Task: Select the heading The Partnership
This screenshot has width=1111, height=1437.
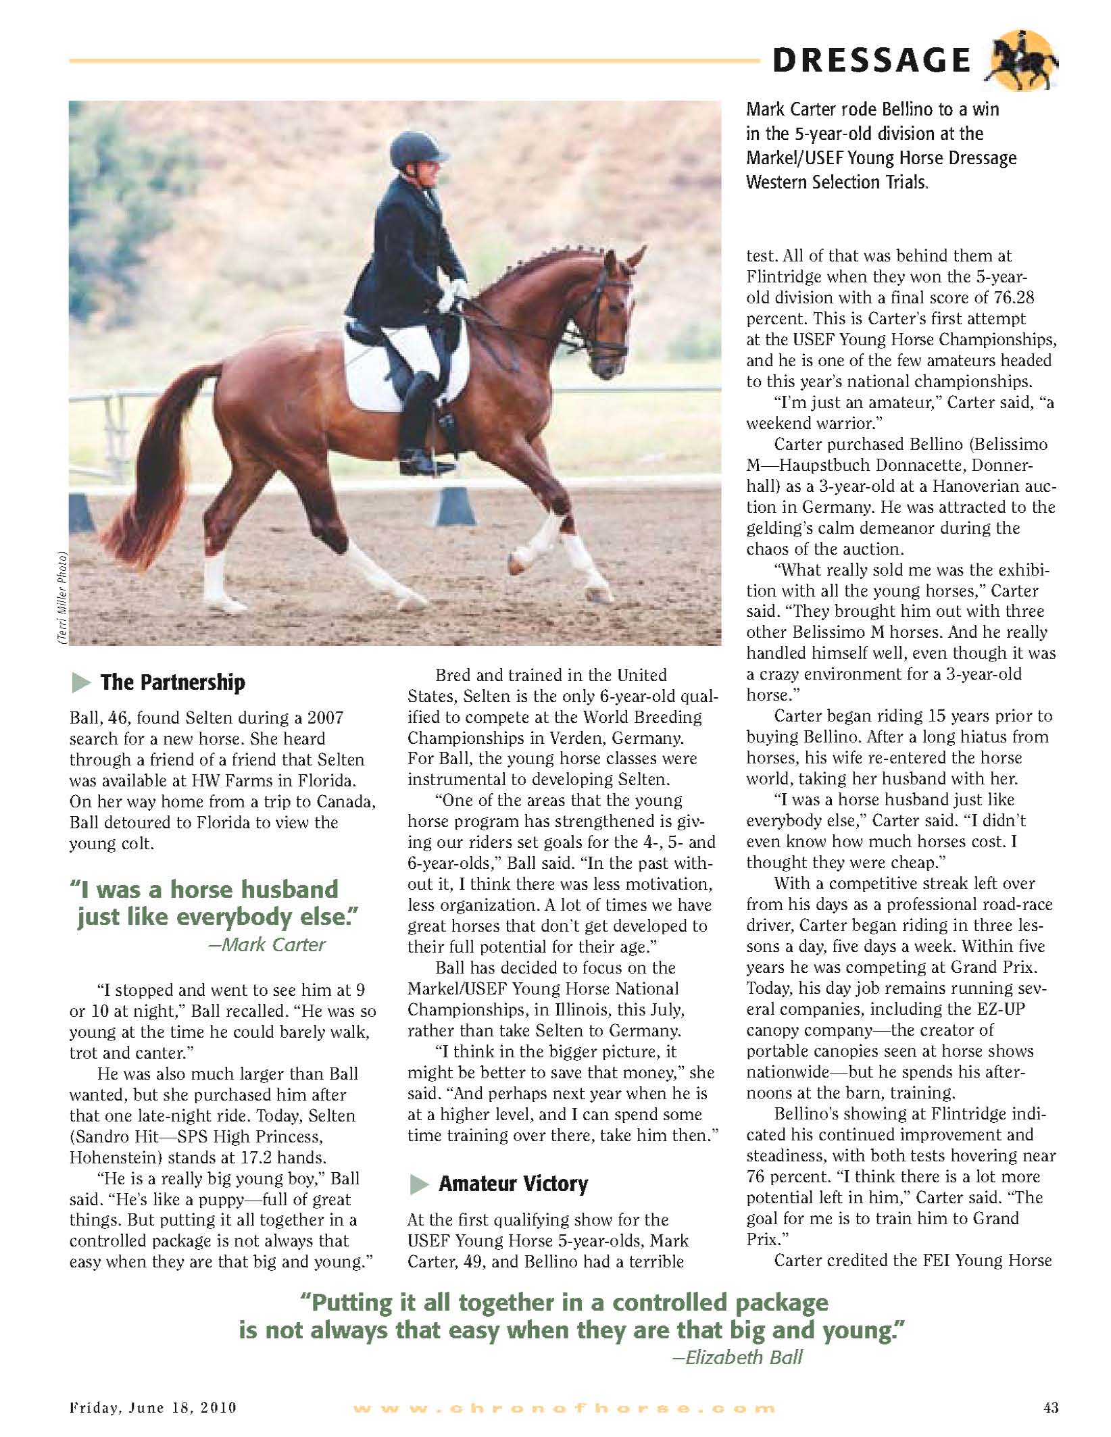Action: (172, 682)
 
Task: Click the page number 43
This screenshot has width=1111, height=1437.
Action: (1050, 1417)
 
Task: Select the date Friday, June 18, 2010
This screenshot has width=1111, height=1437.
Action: (153, 1417)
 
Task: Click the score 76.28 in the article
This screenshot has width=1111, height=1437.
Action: (1013, 298)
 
